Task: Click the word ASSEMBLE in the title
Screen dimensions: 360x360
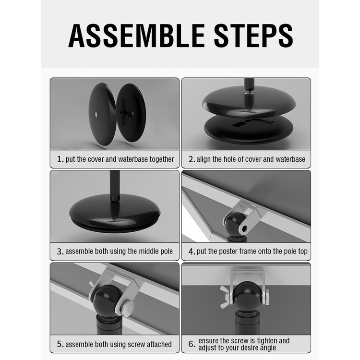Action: click(137, 36)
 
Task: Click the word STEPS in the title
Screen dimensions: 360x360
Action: click(253, 36)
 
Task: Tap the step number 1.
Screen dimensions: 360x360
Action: click(60, 159)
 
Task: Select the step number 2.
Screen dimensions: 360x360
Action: click(191, 159)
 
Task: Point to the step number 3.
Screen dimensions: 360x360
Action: click(60, 252)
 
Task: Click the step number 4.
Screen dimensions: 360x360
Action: click(192, 252)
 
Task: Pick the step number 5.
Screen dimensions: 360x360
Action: click(60, 344)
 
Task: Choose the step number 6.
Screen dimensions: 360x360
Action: click(192, 344)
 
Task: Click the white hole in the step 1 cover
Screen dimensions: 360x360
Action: click(96, 114)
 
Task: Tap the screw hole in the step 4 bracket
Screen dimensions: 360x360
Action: click(244, 228)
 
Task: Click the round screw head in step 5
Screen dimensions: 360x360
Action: click(128, 306)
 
